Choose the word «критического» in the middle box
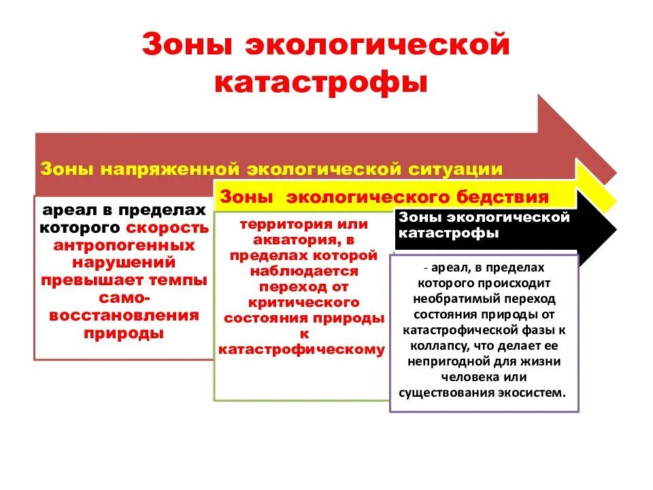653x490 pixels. tap(303, 302)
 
